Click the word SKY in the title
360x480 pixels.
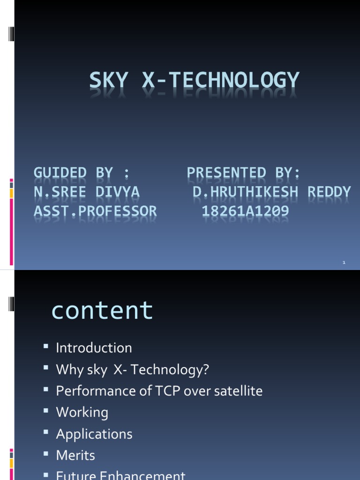108,81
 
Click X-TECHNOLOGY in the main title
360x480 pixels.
220,81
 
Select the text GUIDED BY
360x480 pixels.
73,173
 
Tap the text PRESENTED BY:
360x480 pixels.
243,173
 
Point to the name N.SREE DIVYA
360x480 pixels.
87,192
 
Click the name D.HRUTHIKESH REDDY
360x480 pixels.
271,192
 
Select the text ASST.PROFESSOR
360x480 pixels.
95,211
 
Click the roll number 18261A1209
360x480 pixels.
245,211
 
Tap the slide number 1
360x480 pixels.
344,262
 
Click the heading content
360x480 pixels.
102,310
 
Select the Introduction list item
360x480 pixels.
94,348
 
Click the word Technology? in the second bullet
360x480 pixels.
170,370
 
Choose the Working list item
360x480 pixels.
82,412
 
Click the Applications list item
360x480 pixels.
94,434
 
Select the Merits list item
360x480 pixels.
75,455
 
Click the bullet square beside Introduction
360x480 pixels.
46,347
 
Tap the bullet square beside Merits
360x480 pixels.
46,454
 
